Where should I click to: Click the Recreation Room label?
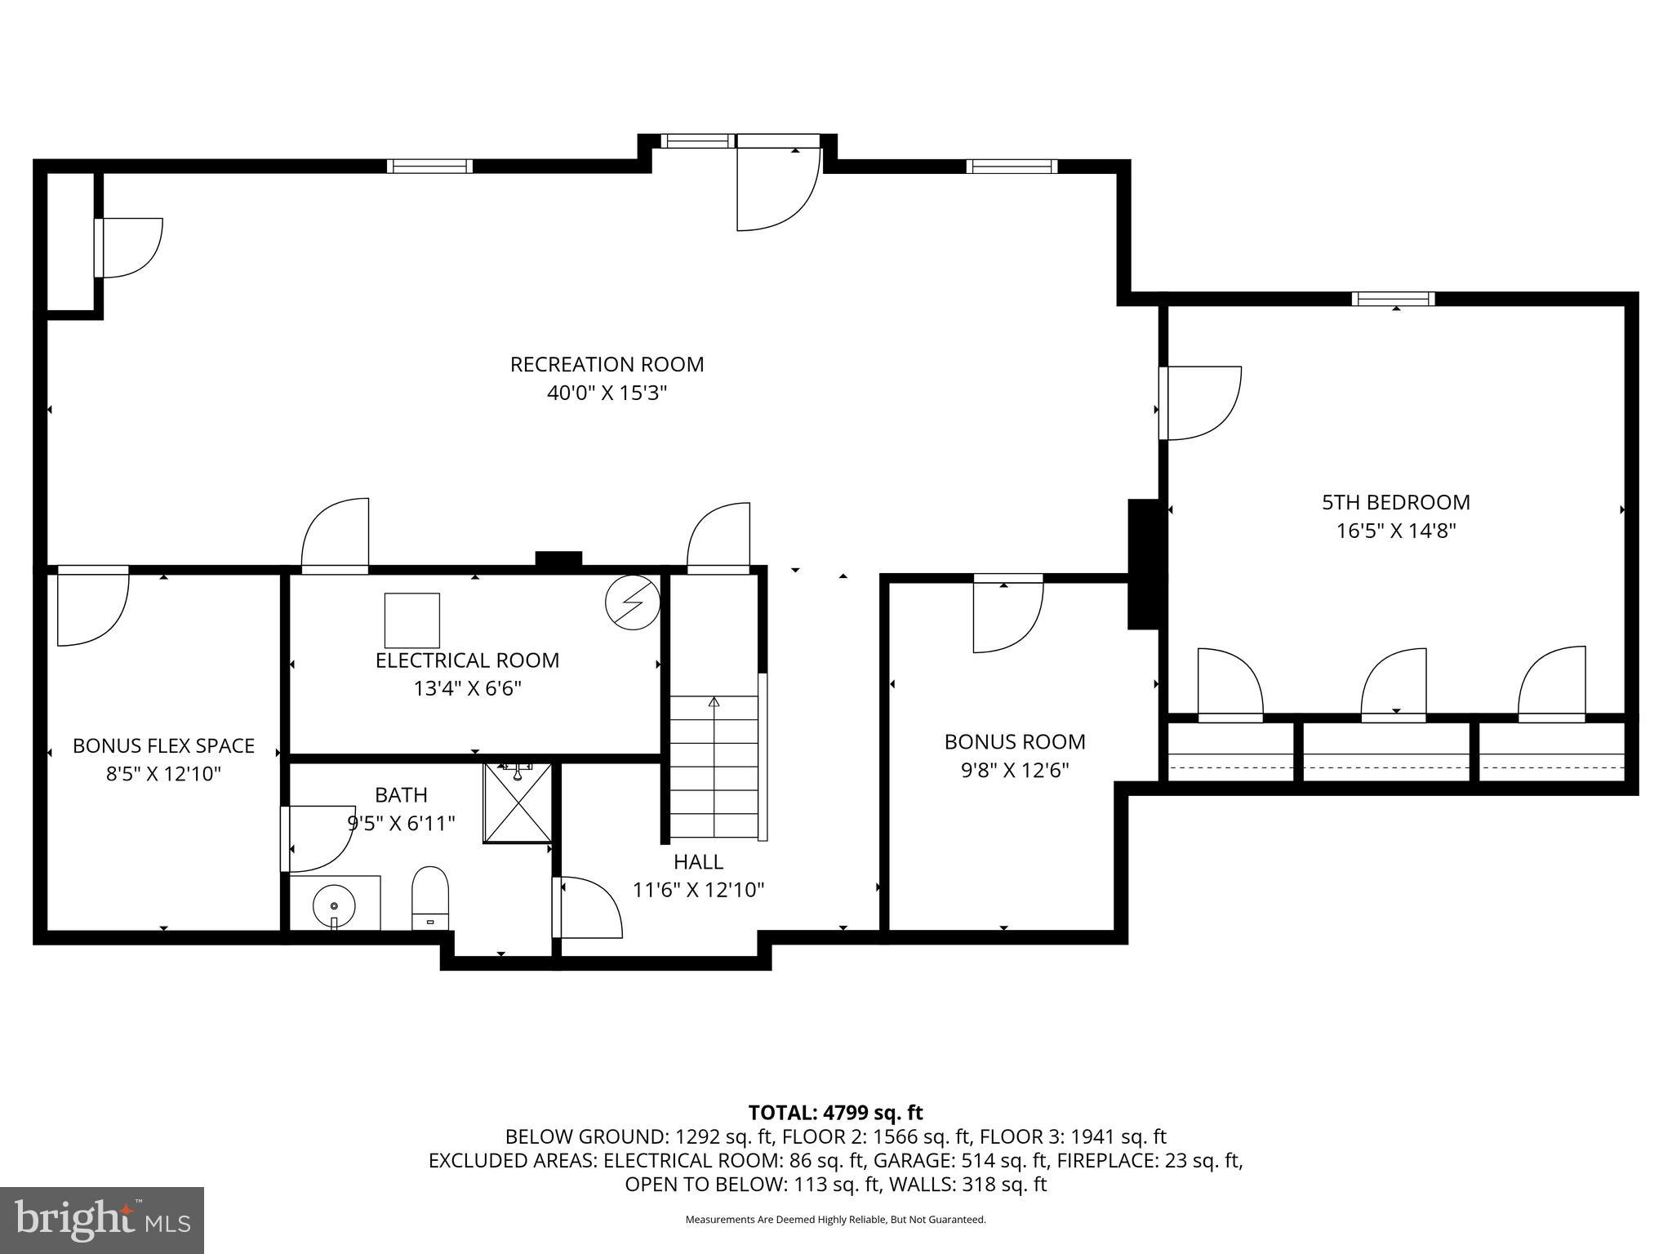pyautogui.click(x=607, y=364)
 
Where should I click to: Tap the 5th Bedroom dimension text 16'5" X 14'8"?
pyautogui.click(x=1396, y=531)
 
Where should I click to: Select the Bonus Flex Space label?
pyautogui.click(x=163, y=745)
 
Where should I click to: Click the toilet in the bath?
pyautogui.click(x=430, y=898)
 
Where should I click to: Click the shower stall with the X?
pyautogui.click(x=518, y=804)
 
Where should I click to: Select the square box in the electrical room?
pyautogui.click(x=412, y=620)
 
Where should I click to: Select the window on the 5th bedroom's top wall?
pyautogui.click(x=1393, y=299)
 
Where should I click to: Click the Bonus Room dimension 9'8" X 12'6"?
pyautogui.click(x=1015, y=771)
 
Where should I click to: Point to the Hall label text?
pyautogui.click(x=698, y=862)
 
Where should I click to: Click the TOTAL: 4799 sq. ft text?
pyautogui.click(x=835, y=1113)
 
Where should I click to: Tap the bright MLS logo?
pyautogui.click(x=102, y=1221)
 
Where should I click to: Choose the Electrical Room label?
pyautogui.click(x=467, y=660)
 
